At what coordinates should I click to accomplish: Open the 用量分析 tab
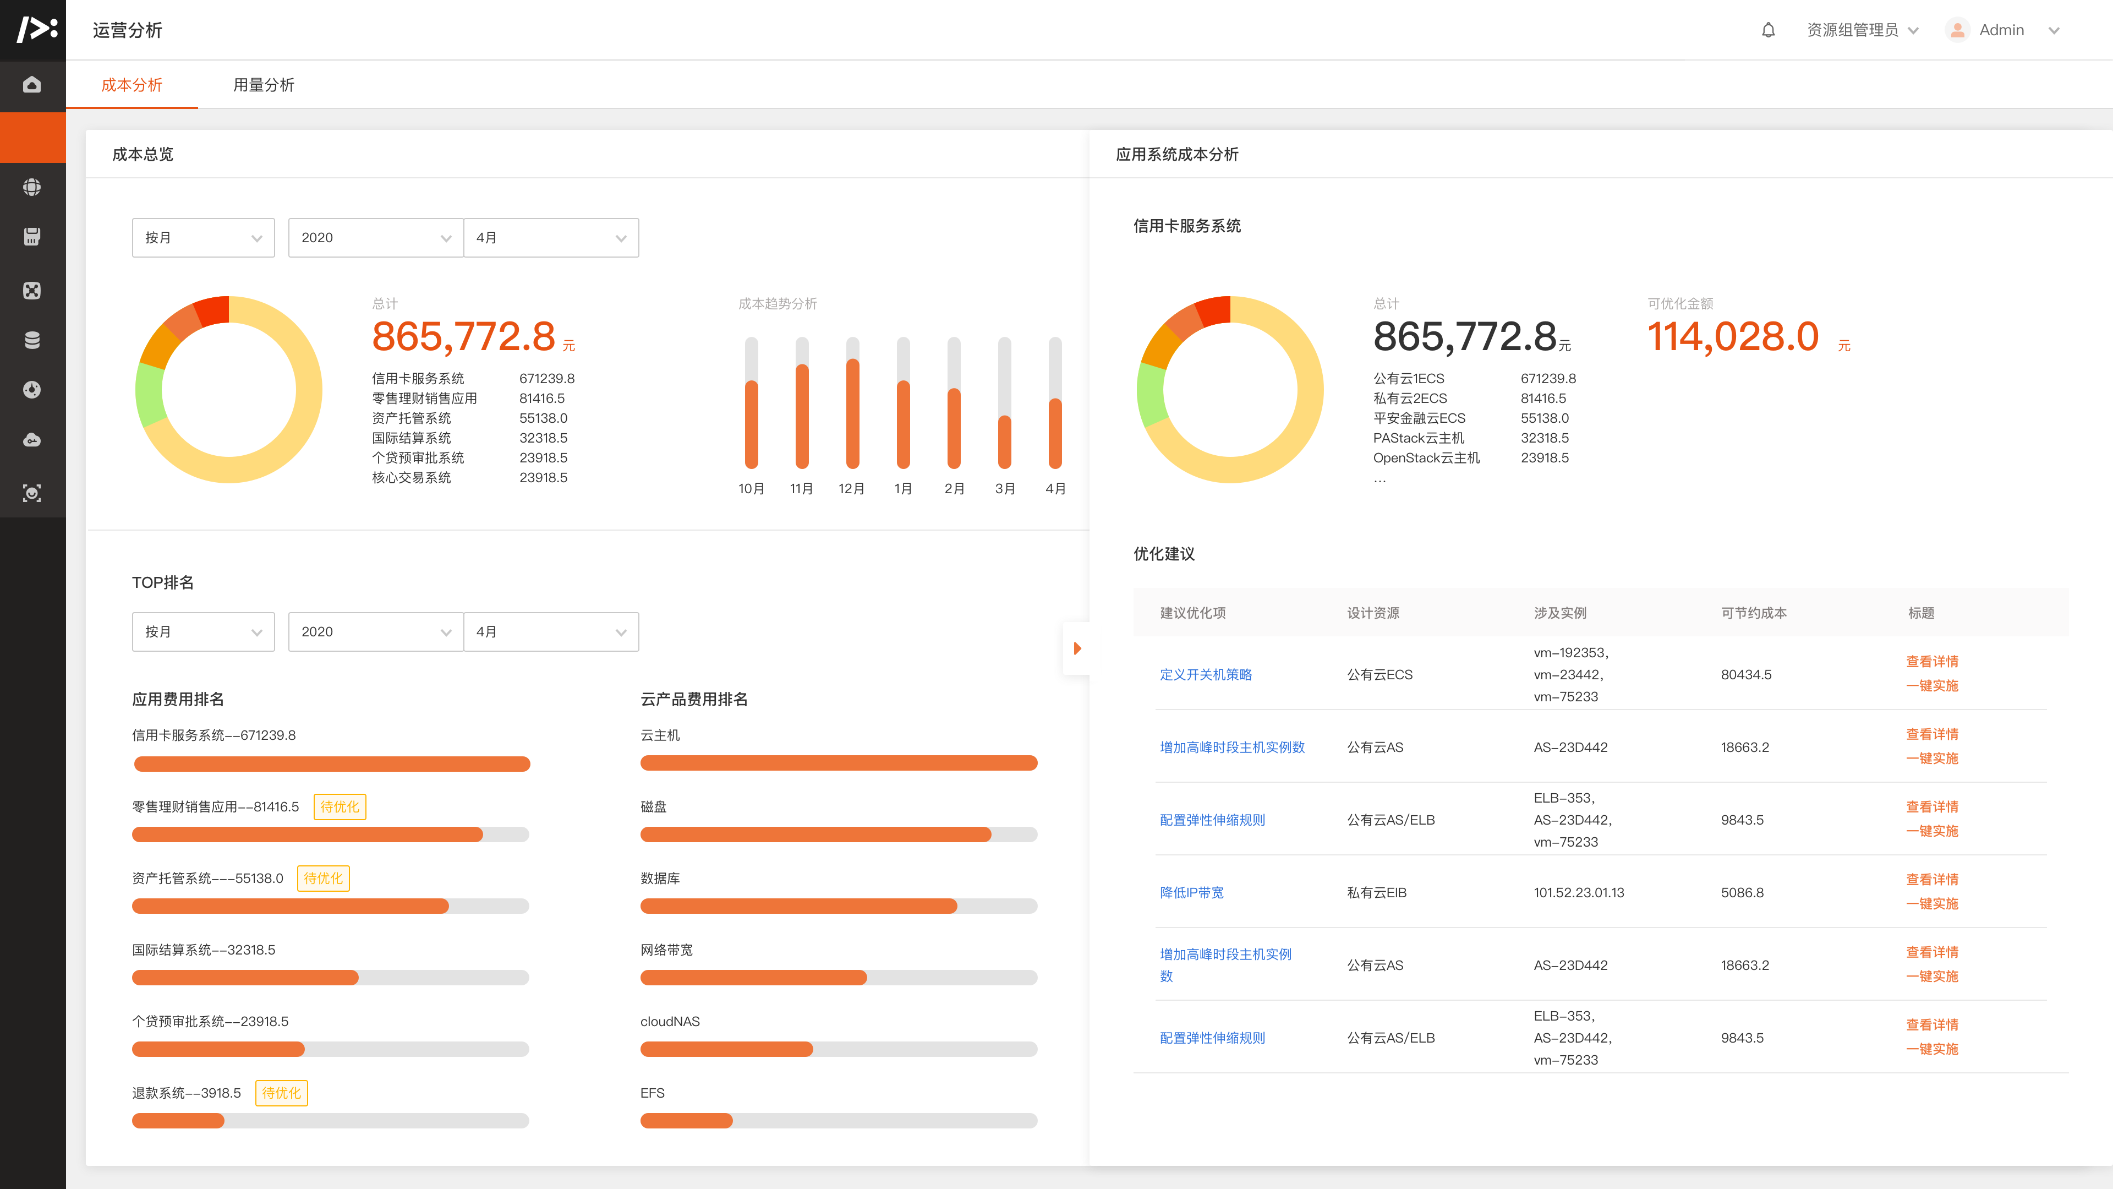click(264, 85)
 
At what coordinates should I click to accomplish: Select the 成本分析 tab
click(132, 85)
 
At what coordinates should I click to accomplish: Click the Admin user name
click(2001, 30)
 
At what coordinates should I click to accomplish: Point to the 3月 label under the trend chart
click(1005, 489)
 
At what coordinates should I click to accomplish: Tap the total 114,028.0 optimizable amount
click(1732, 336)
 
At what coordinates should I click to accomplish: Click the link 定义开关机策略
click(1205, 674)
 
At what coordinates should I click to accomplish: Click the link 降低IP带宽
click(1191, 893)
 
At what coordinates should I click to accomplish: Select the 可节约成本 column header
click(1753, 613)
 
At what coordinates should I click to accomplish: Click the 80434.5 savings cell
click(1745, 674)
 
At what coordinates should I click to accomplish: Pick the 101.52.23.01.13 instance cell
click(1578, 893)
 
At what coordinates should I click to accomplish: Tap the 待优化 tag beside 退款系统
click(281, 1093)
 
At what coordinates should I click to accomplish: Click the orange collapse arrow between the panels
click(1077, 648)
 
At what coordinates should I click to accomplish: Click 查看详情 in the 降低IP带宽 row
click(1932, 880)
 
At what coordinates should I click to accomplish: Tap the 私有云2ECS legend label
click(1410, 399)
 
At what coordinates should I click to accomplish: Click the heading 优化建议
click(1163, 554)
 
